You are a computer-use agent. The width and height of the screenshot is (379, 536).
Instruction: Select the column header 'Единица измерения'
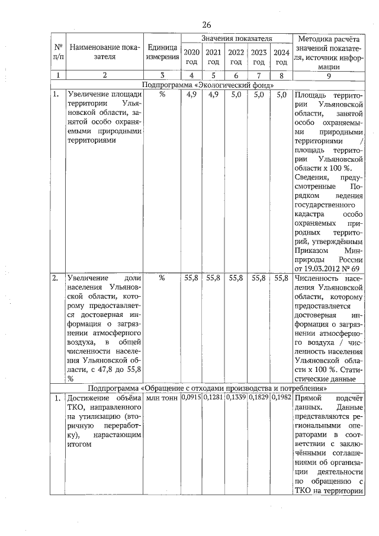tap(163, 52)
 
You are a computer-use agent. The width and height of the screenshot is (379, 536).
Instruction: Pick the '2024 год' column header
tap(281, 57)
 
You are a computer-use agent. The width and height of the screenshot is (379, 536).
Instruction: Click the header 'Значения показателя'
tap(236, 38)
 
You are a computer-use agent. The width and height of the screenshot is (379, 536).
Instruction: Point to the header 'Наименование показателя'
tap(104, 52)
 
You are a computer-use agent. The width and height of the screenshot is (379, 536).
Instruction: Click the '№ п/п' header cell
tap(58, 52)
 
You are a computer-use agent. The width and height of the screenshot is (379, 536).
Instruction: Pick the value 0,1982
tap(281, 397)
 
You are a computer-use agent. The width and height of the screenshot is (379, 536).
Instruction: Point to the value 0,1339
tap(236, 397)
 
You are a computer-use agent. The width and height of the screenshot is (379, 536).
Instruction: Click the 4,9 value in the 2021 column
tap(214, 94)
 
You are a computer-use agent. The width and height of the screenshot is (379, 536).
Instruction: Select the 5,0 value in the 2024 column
tap(281, 94)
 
